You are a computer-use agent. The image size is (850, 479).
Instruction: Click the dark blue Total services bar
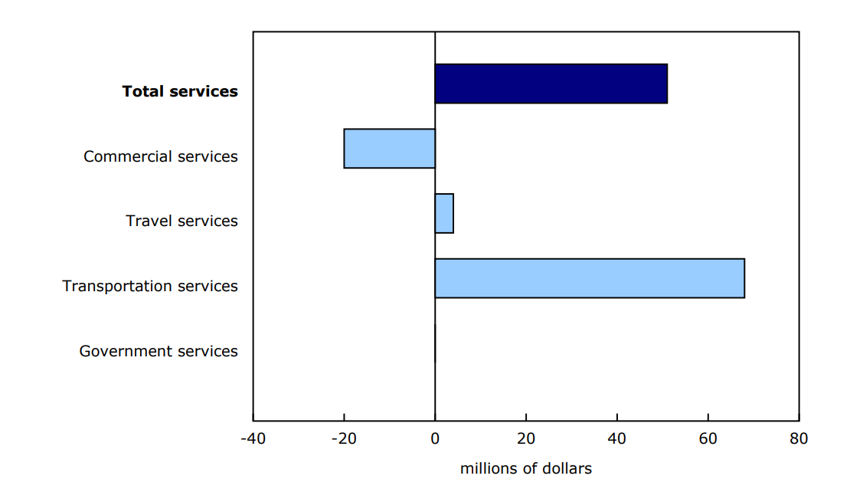click(x=551, y=84)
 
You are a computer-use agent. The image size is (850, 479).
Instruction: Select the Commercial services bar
click(x=389, y=149)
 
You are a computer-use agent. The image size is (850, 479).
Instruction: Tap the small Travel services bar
click(x=444, y=213)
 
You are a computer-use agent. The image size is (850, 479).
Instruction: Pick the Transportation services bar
click(x=589, y=278)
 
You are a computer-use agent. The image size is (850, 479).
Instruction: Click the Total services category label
click(x=180, y=91)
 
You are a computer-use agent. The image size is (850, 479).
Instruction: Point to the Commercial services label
click(x=161, y=156)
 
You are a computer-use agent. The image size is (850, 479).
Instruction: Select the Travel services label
click(x=181, y=221)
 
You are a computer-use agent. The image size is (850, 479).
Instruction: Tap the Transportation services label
click(x=150, y=286)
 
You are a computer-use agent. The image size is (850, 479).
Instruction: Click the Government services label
click(x=159, y=351)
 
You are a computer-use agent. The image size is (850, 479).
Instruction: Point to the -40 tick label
click(x=253, y=439)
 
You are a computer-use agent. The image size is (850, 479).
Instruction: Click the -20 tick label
click(x=344, y=439)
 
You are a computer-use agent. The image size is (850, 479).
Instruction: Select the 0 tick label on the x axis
click(x=435, y=439)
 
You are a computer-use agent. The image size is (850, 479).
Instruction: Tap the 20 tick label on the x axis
click(x=525, y=439)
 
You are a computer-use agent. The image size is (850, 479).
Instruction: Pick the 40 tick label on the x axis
click(x=616, y=439)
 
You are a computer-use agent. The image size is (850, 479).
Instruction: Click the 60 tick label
click(x=708, y=439)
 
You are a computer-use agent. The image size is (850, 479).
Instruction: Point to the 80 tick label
click(x=799, y=439)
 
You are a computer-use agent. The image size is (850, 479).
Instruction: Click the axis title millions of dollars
click(x=525, y=468)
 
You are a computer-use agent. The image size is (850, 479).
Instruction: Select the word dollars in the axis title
click(x=566, y=468)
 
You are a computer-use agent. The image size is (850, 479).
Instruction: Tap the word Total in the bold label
click(x=143, y=91)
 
